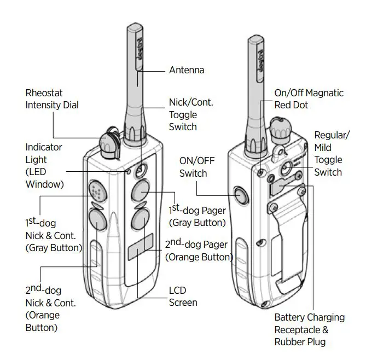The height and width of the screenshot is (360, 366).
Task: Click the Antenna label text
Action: point(186,70)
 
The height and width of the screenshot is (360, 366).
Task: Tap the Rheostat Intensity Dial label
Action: point(51,99)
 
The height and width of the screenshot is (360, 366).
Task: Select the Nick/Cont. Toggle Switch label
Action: point(190,114)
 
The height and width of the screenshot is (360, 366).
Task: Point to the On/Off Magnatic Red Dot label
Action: point(309,99)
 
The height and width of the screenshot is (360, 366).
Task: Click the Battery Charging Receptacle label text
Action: point(309,329)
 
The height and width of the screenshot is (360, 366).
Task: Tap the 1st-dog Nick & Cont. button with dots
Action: point(97,191)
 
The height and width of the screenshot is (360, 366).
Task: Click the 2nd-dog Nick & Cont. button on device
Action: point(97,220)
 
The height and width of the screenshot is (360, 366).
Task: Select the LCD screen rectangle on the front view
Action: point(141,248)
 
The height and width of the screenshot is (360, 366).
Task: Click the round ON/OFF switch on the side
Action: point(241,194)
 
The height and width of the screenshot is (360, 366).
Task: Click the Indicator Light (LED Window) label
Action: point(44,166)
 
